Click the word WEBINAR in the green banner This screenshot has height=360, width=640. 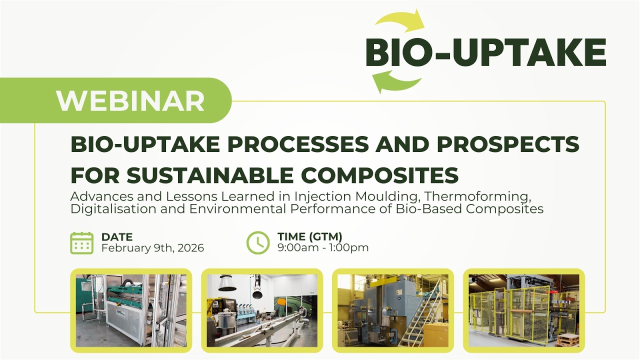coord(130,100)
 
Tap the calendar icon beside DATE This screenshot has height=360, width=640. coord(81,243)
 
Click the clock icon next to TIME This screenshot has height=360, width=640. coord(258,243)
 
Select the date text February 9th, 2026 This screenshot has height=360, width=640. coord(152,248)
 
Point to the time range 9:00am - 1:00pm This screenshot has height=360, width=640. coord(323,248)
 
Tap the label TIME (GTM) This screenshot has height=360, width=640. coord(309,237)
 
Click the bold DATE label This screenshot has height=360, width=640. coord(116,237)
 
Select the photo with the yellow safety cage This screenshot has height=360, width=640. coord(523,310)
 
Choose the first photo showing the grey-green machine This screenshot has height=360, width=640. coord(131,310)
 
